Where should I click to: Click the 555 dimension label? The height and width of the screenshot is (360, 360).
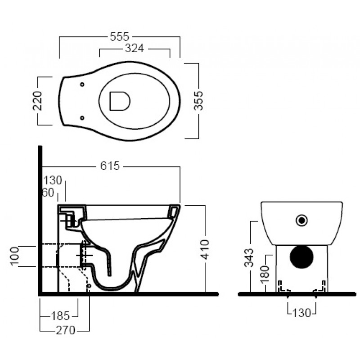pyautogui.click(x=119, y=36)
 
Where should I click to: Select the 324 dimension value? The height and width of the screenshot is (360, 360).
pyautogui.click(x=135, y=49)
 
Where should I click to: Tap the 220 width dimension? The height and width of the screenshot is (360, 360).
pyautogui.click(x=37, y=101)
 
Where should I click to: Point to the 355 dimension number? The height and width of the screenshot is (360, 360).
pyautogui.click(x=198, y=101)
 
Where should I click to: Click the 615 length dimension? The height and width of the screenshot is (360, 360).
pyautogui.click(x=110, y=166)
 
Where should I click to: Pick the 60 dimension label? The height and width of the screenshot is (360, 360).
pyautogui.click(x=49, y=193)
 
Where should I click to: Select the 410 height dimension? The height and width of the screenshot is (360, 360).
pyautogui.click(x=205, y=250)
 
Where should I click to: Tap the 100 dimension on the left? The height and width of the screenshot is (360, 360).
pyautogui.click(x=14, y=256)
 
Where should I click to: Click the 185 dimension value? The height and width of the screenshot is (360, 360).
pyautogui.click(x=60, y=316)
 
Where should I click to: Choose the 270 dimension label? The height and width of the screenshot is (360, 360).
pyautogui.click(x=66, y=330)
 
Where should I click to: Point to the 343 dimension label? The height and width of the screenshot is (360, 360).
pyautogui.click(x=249, y=257)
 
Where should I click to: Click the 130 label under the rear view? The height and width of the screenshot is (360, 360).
pyautogui.click(x=301, y=313)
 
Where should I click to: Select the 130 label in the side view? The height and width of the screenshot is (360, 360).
pyautogui.click(x=53, y=180)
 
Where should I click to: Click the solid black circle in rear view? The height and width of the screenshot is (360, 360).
pyautogui.click(x=301, y=257)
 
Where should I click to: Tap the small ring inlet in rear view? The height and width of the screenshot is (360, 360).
pyautogui.click(x=301, y=220)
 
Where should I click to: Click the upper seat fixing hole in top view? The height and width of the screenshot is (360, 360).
pyautogui.click(x=82, y=84)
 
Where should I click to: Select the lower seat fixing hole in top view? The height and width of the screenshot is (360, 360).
pyautogui.click(x=82, y=118)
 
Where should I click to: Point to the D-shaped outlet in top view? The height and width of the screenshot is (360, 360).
pyautogui.click(x=120, y=101)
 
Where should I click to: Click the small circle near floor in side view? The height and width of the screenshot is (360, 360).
pyautogui.click(x=89, y=286)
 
